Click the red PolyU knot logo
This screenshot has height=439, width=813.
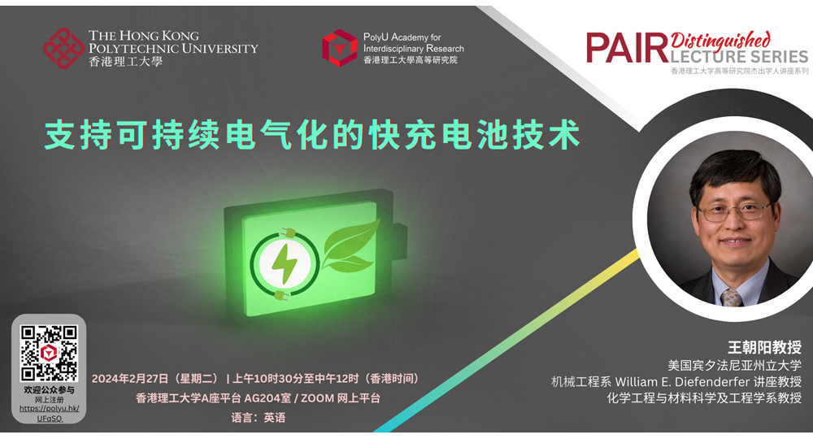pyautogui.click(x=63, y=48)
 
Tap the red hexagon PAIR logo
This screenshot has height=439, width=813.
pyautogui.click(x=339, y=48)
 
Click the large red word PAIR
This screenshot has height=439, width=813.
pyautogui.click(x=628, y=48)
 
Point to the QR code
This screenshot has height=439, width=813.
pyautogui.click(x=49, y=353)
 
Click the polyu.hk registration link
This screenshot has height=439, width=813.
pyautogui.click(x=50, y=413)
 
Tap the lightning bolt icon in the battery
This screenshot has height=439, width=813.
pyautogui.click(x=284, y=263)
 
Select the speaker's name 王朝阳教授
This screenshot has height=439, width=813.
pyautogui.click(x=764, y=347)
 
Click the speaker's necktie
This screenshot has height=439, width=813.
pyautogui.click(x=731, y=298)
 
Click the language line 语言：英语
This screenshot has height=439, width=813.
pyautogui.click(x=259, y=417)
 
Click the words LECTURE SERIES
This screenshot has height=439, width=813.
pyautogui.click(x=739, y=56)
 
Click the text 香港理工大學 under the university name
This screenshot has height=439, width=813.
pyautogui.click(x=125, y=62)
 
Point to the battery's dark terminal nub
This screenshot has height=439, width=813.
pyautogui.click(x=400, y=241)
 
